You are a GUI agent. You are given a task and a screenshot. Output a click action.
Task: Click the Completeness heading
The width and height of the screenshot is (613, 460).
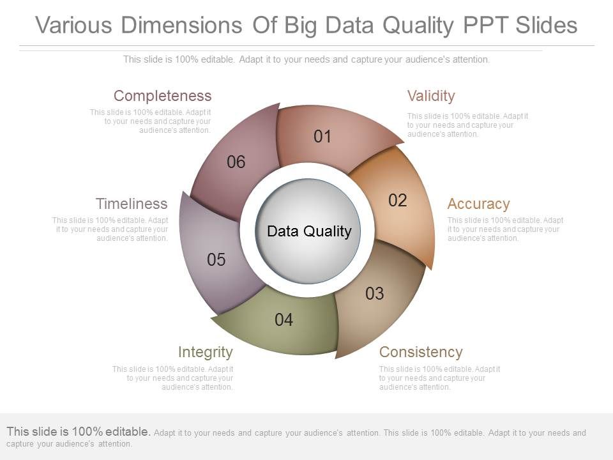click(x=162, y=96)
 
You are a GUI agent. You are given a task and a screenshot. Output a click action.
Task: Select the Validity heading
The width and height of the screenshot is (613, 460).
click(x=431, y=96)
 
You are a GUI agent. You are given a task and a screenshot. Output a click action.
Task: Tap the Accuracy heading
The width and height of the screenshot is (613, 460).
click(x=478, y=204)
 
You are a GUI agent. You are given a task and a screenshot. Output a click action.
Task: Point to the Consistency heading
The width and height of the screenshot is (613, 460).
click(x=421, y=352)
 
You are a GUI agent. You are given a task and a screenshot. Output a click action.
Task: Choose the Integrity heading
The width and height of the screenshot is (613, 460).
click(x=205, y=352)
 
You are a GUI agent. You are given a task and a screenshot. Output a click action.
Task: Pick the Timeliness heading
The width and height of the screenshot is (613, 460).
click(x=132, y=204)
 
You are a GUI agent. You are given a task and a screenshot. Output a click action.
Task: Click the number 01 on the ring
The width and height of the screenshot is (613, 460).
click(x=322, y=136)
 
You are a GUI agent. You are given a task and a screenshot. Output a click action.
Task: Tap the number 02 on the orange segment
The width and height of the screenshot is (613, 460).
click(x=397, y=201)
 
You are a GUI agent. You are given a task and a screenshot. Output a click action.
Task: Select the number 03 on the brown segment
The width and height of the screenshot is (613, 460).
click(x=374, y=294)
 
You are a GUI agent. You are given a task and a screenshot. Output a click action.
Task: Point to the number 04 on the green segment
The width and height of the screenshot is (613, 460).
click(x=284, y=320)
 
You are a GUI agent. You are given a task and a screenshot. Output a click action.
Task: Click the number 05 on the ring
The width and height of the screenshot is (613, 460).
click(x=216, y=260)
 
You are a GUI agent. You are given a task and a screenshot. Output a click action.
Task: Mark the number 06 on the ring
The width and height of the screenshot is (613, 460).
click(x=236, y=162)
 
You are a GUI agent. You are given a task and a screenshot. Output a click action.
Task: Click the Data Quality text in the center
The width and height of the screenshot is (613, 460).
click(x=309, y=231)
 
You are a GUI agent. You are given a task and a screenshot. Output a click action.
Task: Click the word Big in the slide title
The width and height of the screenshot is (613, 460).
click(x=300, y=26)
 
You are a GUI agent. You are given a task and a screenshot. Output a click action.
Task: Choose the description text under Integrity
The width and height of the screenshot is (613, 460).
click(x=173, y=378)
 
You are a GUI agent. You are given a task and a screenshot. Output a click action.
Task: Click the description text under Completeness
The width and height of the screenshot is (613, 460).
click(x=151, y=121)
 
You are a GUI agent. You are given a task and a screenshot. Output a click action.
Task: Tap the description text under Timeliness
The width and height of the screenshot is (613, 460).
click(x=110, y=229)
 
